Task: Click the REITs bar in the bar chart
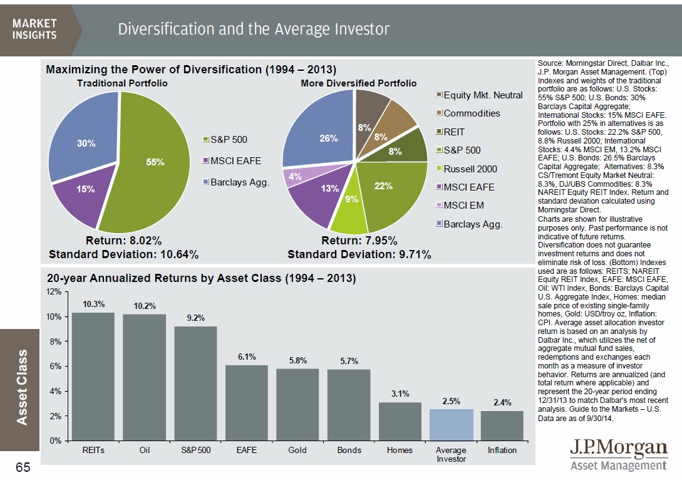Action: pos(93,376)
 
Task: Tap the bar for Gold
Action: pos(297,404)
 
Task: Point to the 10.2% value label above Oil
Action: pos(145,306)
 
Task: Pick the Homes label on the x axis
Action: pos(400,451)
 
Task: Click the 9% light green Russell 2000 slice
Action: pos(349,207)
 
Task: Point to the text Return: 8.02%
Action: pos(123,241)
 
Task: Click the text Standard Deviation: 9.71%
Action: pos(359,254)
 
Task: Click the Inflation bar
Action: pos(502,425)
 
